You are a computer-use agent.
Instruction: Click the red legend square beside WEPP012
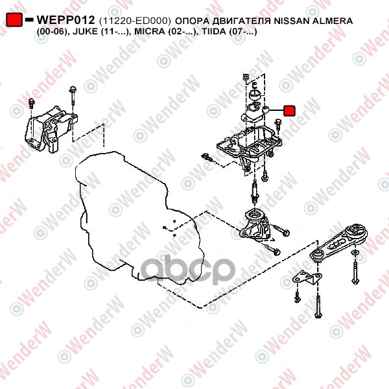[x=14, y=19]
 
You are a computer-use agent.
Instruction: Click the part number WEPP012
[x=65, y=20]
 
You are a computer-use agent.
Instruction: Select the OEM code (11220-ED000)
[x=135, y=21]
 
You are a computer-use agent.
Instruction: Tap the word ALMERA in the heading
[x=332, y=21]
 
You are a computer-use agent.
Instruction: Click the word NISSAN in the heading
[x=291, y=21]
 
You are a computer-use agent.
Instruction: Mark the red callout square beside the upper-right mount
[x=289, y=111]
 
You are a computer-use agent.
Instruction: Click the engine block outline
[x=139, y=216]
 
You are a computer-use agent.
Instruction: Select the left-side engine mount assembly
[x=51, y=129]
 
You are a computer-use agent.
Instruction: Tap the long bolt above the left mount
[x=73, y=99]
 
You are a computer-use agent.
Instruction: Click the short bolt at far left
[x=32, y=103]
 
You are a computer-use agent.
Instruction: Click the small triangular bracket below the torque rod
[x=307, y=278]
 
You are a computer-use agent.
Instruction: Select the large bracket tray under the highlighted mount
[x=250, y=147]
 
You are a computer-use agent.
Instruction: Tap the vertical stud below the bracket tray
[x=255, y=192]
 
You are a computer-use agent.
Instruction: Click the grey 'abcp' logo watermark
[x=188, y=270]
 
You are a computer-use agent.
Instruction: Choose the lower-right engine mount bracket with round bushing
[x=255, y=225]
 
